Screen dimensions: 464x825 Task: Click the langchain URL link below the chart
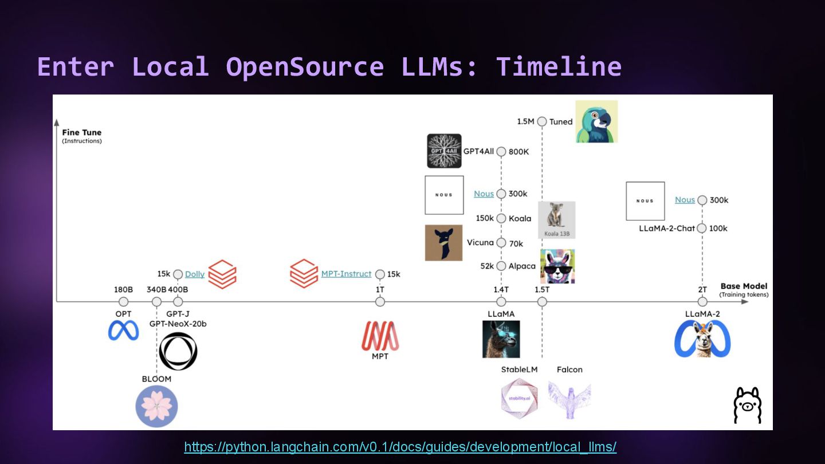click(x=400, y=447)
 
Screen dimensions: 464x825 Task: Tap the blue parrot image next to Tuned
click(x=596, y=121)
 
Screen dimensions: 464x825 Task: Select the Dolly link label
click(x=195, y=274)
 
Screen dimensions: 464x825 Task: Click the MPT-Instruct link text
click(x=346, y=274)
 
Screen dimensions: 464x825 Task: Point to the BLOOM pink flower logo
click(x=156, y=406)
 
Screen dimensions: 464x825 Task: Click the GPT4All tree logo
click(x=444, y=151)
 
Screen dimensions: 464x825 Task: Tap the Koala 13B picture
click(x=556, y=220)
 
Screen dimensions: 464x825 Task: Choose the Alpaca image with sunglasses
click(x=557, y=266)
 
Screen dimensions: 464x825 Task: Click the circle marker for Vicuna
click(x=501, y=243)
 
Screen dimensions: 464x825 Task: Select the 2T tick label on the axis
click(x=702, y=289)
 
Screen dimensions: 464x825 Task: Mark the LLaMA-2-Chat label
click(x=667, y=228)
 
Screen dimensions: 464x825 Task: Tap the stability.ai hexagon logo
click(x=520, y=398)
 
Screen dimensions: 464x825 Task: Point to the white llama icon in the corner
click(x=748, y=406)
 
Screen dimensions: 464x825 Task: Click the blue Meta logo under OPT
click(x=123, y=331)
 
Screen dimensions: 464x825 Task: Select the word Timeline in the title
click(x=559, y=66)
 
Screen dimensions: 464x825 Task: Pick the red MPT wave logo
click(x=380, y=335)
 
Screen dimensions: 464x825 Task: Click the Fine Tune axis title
click(x=82, y=132)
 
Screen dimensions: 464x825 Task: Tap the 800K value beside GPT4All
click(x=519, y=152)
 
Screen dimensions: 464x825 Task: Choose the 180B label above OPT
click(x=123, y=289)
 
